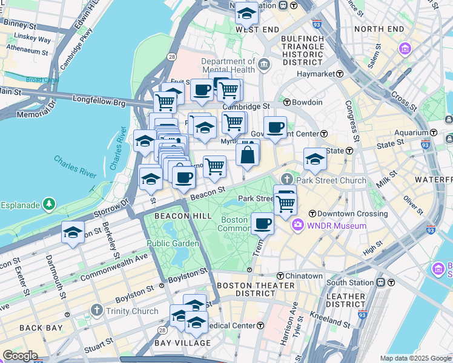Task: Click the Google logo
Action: pos(20,356)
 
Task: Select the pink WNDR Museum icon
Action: pos(297,226)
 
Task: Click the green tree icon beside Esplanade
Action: pos(48,205)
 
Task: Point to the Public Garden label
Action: pos(173,243)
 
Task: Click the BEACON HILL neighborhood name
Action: pos(182,216)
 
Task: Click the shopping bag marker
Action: pos(248,154)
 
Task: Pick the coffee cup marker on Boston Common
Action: pos(262,223)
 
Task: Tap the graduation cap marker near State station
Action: pos(315,159)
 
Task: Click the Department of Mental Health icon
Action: pos(264,65)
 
